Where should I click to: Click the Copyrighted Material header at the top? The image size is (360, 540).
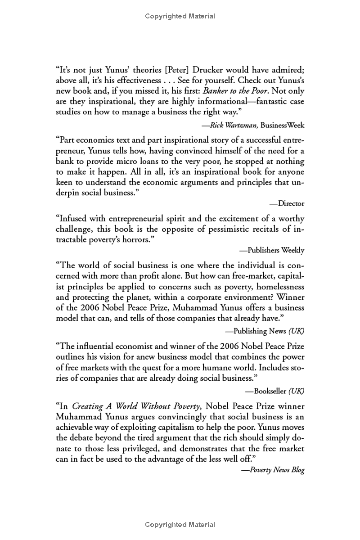coord(180,16)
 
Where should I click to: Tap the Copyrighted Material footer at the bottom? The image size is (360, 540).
coord(180,524)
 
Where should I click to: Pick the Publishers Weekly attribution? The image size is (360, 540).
coord(272,250)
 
